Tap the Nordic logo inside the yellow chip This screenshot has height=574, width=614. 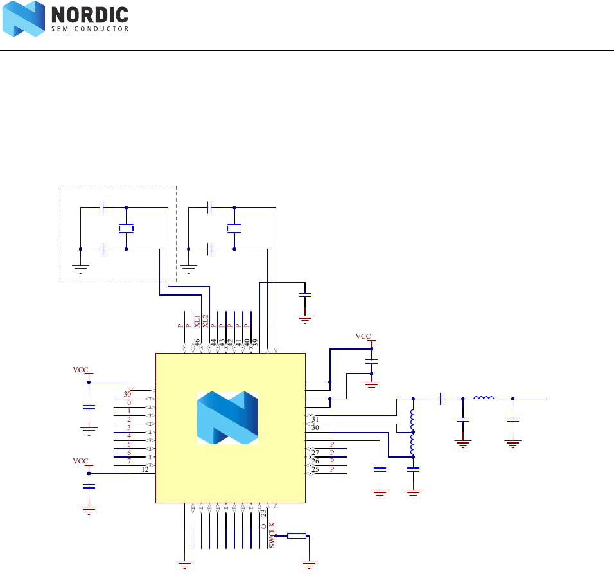click(227, 418)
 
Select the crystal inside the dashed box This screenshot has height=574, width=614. click(127, 228)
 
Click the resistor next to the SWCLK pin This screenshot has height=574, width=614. click(297, 535)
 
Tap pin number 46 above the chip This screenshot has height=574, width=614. click(197, 343)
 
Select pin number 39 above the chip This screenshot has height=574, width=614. click(255, 343)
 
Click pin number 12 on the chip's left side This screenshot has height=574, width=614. click(146, 469)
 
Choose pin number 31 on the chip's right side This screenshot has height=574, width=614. click(315, 419)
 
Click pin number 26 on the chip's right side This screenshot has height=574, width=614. click(315, 461)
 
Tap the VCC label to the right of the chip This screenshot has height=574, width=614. click(363, 336)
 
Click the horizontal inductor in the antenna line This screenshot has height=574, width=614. click(484, 399)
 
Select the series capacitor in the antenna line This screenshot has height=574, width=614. click(443, 399)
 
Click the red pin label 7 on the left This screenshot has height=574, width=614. click(129, 461)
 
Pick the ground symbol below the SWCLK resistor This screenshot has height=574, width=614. click(310, 565)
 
